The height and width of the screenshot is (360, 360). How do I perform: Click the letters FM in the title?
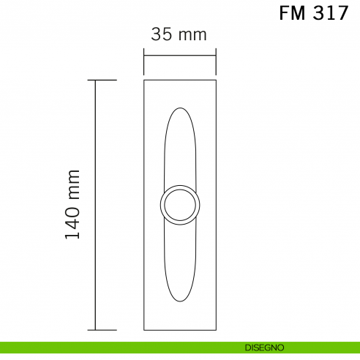coord(294,14)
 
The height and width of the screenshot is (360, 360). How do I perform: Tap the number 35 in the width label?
coord(162,34)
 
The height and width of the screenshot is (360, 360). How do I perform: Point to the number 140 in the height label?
coord(72,224)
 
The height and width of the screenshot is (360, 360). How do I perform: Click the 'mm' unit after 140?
coord(72,185)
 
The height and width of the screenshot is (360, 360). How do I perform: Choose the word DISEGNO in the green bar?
coord(264,348)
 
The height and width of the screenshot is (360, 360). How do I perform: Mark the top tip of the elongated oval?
coord(179,108)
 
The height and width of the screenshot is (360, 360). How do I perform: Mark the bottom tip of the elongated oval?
coord(179,301)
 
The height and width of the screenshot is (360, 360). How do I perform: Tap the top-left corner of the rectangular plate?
coord(144,79)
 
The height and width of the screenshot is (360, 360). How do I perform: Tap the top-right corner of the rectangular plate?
coord(216,79)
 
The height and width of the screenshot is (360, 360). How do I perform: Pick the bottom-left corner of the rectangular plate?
coord(144,331)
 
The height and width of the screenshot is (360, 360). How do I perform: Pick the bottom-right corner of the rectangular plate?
coord(216,331)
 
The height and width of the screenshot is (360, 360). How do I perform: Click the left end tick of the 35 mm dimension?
coord(144,62)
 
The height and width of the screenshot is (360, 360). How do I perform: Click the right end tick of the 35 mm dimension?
coord(216,62)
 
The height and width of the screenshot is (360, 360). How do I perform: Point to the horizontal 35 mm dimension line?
coord(180,53)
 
